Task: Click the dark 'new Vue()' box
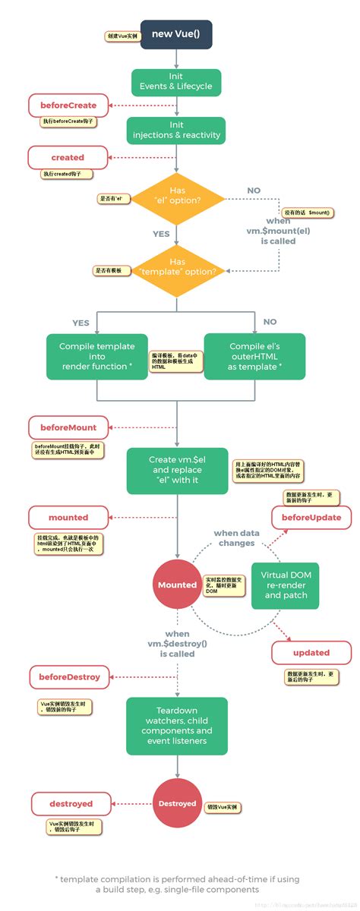tap(176, 34)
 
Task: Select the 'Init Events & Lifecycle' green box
tap(176, 82)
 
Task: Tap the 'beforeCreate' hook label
tap(68, 105)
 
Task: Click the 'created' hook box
tap(68, 157)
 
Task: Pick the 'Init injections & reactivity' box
tap(176, 131)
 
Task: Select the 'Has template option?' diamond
tap(176, 271)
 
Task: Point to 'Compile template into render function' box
tap(96, 356)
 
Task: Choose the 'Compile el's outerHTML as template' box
tap(254, 356)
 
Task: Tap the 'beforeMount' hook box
tap(68, 427)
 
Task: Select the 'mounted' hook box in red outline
tap(68, 517)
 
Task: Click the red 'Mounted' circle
tap(177, 585)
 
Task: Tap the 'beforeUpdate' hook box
tap(311, 517)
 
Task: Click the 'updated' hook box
tap(311, 652)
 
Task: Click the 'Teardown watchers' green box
tap(176, 726)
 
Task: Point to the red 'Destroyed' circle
tap(177, 803)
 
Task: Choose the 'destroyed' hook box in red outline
tap(71, 803)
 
